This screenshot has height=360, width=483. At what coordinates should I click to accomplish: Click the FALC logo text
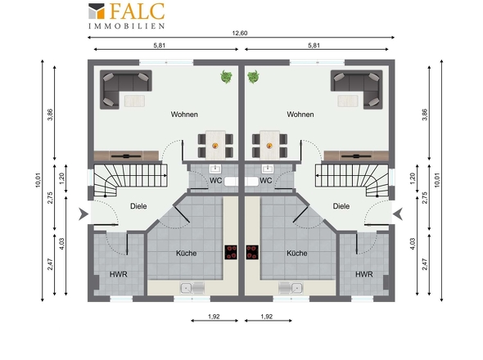[x=137, y=11]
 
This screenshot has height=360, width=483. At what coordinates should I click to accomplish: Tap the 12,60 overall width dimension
[x=240, y=33]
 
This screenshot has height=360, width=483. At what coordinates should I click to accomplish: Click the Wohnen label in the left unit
[x=184, y=115]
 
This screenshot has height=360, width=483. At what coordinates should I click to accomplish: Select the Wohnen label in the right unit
[x=300, y=115]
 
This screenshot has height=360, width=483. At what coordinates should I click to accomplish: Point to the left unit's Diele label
[x=138, y=206]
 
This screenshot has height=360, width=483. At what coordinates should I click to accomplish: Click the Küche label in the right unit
[x=297, y=253]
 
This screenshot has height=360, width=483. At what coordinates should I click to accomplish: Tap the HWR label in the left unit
[x=118, y=274]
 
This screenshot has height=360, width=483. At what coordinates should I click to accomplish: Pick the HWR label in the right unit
[x=364, y=274]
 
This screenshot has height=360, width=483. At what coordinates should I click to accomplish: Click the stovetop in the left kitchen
[x=231, y=252]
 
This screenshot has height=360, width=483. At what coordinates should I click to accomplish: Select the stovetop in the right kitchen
[x=252, y=252]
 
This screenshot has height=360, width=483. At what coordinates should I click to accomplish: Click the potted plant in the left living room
[x=227, y=77]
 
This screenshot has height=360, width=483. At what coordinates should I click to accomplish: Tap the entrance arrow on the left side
[x=84, y=214]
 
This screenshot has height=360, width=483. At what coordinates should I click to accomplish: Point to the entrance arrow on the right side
[x=398, y=214]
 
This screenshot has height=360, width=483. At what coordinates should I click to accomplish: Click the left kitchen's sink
[x=192, y=288]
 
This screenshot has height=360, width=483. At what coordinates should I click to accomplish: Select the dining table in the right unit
[x=269, y=145]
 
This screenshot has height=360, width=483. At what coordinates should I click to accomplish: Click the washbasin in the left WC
[x=215, y=169]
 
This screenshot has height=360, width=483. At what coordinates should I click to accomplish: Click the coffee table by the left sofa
[x=134, y=101]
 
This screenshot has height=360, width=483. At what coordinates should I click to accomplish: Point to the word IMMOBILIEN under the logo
[x=127, y=26]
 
